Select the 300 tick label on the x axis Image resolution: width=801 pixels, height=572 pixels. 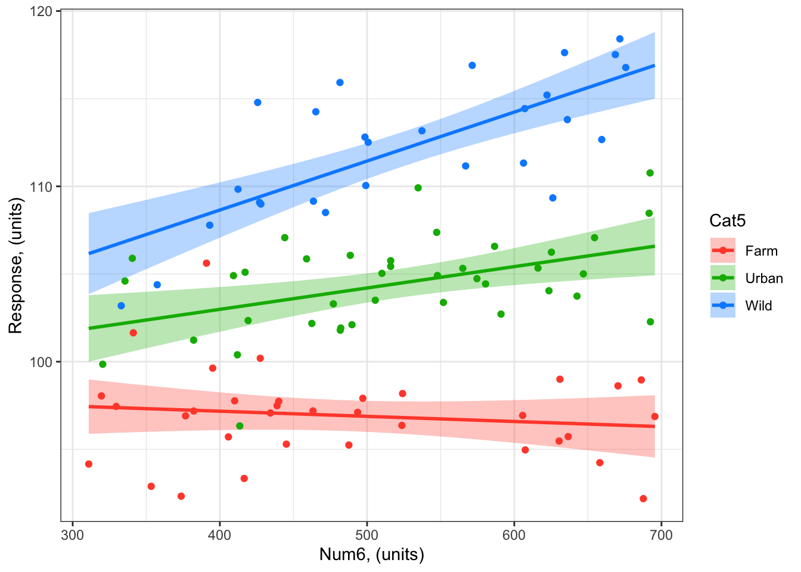point(73,534)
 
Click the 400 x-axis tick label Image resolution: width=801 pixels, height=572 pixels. point(220,534)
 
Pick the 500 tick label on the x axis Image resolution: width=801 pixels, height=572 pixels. point(367,534)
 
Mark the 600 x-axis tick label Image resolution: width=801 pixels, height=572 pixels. point(514,534)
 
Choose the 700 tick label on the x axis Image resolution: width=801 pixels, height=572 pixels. point(661,534)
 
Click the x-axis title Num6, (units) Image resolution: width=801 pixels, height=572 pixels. point(372,555)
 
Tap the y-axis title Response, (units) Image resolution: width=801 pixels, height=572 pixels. point(15,266)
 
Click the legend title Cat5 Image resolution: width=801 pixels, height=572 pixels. point(728,221)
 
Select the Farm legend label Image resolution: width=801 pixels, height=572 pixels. point(761,251)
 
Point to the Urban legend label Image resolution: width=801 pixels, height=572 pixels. point(764,278)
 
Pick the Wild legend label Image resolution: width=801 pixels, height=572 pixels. point(759,306)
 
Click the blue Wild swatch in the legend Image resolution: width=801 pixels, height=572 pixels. point(723,306)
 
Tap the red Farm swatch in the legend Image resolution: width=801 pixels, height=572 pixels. point(723,251)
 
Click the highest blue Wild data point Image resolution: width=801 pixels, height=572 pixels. point(620,39)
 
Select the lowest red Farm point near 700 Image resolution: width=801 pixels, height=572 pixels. point(643,499)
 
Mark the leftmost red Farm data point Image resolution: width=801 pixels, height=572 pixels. point(89,464)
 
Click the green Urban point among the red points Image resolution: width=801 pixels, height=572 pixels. point(240,426)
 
